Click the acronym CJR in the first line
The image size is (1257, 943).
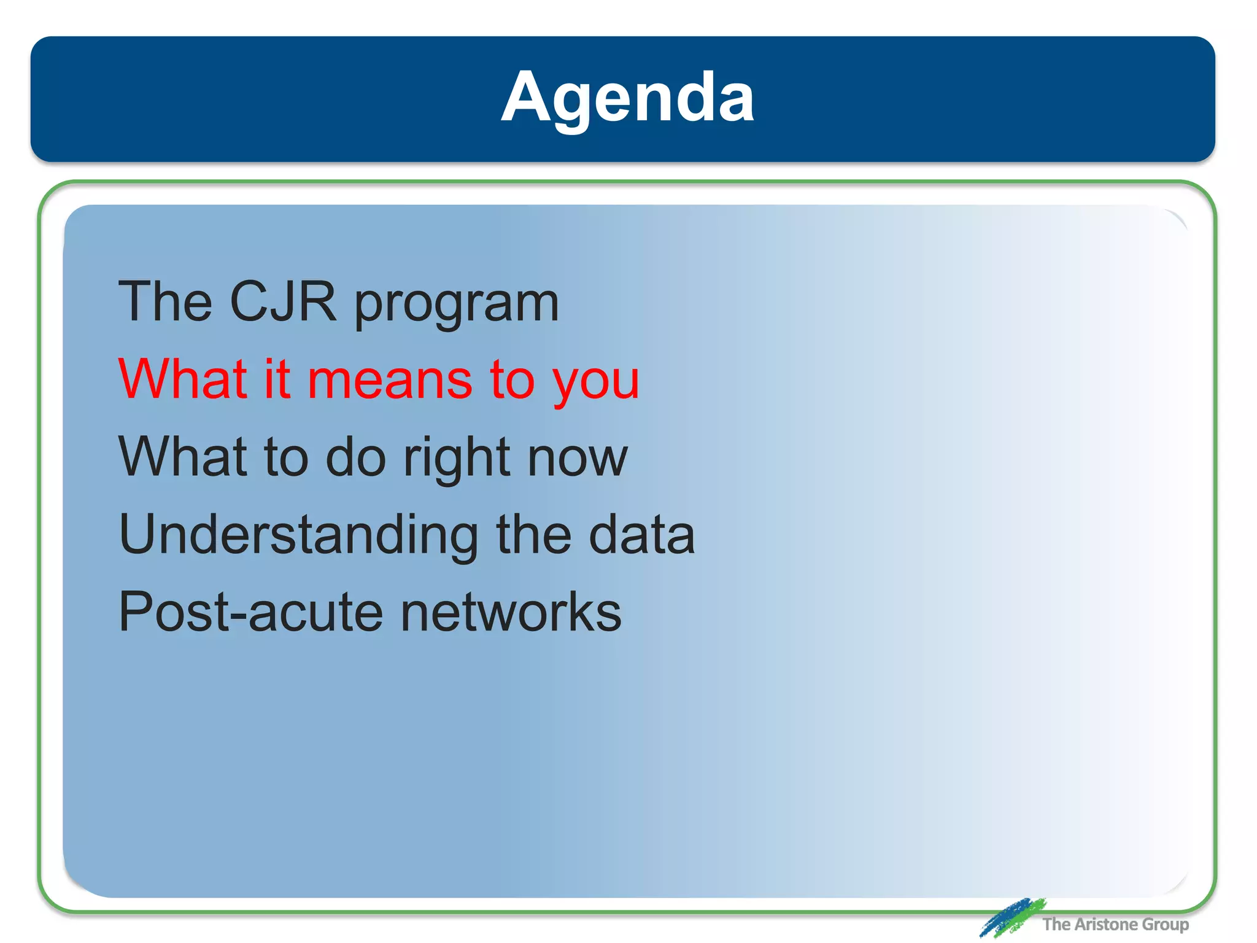click(x=283, y=301)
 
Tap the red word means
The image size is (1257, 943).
click(x=389, y=380)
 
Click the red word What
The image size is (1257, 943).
click(x=183, y=379)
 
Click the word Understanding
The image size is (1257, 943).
click(x=298, y=535)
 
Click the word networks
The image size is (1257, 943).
click(x=511, y=612)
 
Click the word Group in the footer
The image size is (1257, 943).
click(x=1165, y=925)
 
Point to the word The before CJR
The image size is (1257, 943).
click(x=165, y=301)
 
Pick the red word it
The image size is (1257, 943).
click(x=277, y=379)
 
